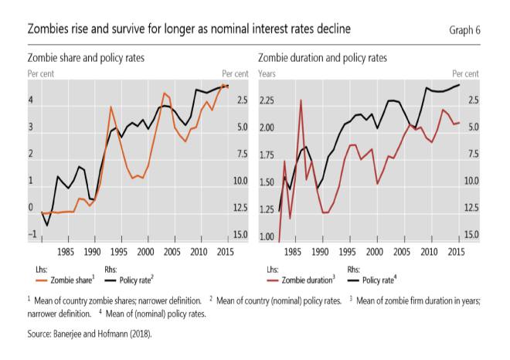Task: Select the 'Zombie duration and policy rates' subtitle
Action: click(x=322, y=58)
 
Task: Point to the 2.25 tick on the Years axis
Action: click(x=267, y=100)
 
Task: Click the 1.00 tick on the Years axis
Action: click(x=267, y=236)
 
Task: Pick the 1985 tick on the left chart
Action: click(x=66, y=252)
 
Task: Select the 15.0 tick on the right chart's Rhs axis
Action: click(x=471, y=235)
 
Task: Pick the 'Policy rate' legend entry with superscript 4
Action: click(x=379, y=280)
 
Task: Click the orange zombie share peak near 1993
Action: click(x=111, y=107)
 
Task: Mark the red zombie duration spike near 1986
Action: click(x=301, y=100)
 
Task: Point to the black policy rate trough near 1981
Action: click(x=47, y=225)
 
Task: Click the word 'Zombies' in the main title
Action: click(x=51, y=29)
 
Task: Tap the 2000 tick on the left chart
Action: click(x=145, y=252)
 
